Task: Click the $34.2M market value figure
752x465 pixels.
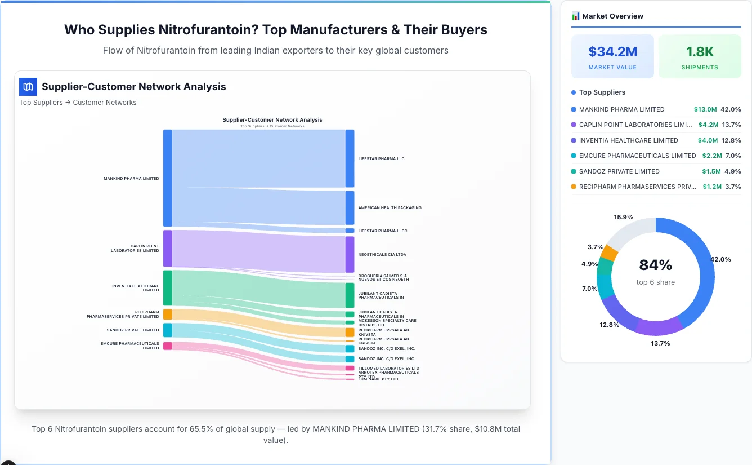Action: [x=612, y=52]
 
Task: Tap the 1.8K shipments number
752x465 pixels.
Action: [x=700, y=52]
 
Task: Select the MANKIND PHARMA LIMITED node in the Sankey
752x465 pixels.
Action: [x=167, y=178]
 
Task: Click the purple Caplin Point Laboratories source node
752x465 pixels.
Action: [x=167, y=248]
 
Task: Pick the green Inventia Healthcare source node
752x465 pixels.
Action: [x=167, y=288]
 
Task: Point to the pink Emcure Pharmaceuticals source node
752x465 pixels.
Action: [x=167, y=346]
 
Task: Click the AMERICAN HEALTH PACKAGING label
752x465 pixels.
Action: [x=390, y=207]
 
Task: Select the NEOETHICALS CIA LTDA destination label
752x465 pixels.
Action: [x=382, y=254]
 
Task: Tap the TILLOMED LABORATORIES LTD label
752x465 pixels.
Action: [x=388, y=368]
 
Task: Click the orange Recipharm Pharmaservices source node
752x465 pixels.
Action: [x=167, y=314]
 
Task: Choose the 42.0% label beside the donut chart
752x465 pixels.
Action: [x=720, y=259]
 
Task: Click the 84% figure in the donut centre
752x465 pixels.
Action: [x=656, y=265]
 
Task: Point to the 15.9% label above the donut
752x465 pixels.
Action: [x=623, y=217]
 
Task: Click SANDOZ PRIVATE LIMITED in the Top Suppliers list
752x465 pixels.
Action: [x=619, y=171]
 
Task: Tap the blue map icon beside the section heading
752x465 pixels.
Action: [x=28, y=87]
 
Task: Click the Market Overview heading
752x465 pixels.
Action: [x=612, y=16]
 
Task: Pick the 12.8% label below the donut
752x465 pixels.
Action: [x=609, y=325]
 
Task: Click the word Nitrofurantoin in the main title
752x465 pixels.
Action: [x=204, y=29]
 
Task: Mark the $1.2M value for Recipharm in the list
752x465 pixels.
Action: [x=711, y=187]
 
